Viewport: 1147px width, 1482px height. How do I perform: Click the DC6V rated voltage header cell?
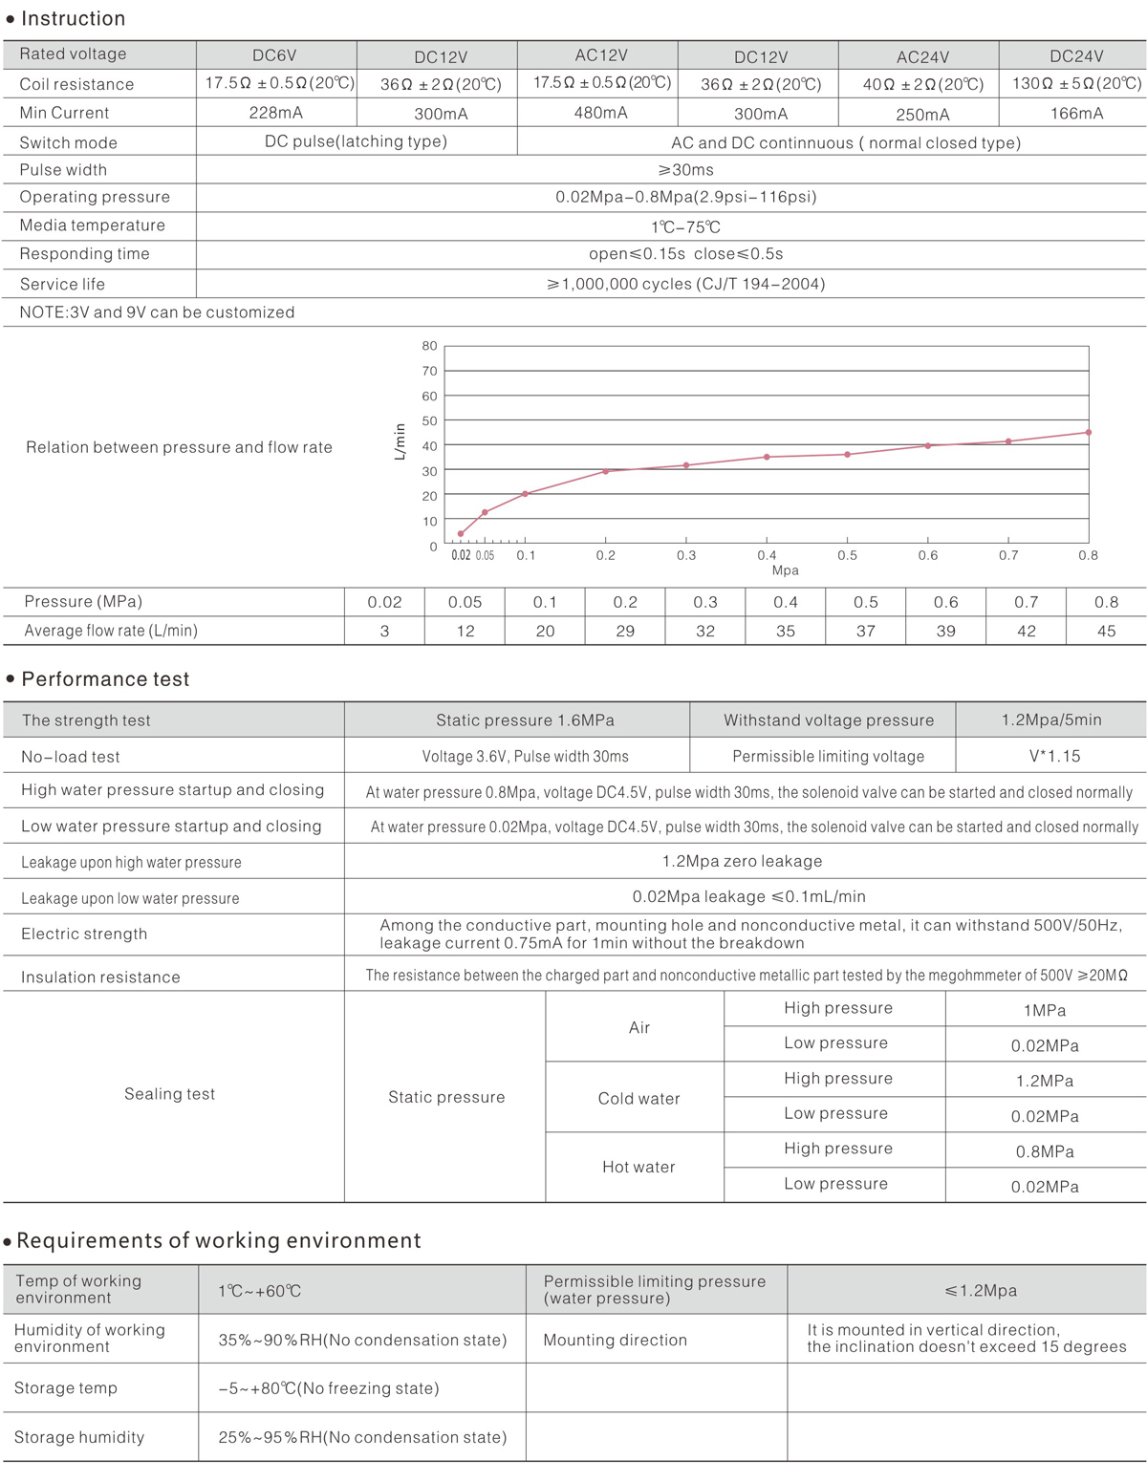[x=274, y=55]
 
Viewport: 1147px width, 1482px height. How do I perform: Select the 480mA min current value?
[x=600, y=113]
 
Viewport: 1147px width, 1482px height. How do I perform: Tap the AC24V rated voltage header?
[x=922, y=57]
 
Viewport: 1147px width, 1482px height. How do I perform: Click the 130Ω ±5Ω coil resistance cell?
[x=1076, y=83]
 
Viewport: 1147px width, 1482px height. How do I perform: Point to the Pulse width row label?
[x=63, y=170]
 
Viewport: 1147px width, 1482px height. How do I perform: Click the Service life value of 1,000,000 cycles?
[x=685, y=284]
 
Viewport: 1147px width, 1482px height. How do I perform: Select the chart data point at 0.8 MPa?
[x=1089, y=433]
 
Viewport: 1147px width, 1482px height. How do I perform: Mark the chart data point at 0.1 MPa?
[x=526, y=494]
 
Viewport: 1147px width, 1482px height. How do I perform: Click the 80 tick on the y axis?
[x=430, y=346]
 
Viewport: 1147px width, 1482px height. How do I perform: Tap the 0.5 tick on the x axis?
[x=848, y=555]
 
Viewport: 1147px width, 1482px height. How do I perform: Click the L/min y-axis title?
[x=400, y=441]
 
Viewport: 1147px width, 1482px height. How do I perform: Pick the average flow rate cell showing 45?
[x=1106, y=631]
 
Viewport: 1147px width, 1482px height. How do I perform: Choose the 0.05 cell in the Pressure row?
[x=465, y=602]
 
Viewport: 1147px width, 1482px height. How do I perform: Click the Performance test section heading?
[x=105, y=679]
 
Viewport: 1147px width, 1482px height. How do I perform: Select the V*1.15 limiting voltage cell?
[x=1054, y=756]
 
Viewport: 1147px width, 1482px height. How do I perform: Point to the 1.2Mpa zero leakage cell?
[x=742, y=861]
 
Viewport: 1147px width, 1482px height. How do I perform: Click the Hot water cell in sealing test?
[x=638, y=1167]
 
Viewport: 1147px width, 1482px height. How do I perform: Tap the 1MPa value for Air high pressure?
[x=1044, y=1010]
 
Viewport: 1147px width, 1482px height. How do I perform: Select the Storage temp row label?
[x=66, y=1387]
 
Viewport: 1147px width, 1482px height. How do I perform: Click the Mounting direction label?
[x=615, y=1340]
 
